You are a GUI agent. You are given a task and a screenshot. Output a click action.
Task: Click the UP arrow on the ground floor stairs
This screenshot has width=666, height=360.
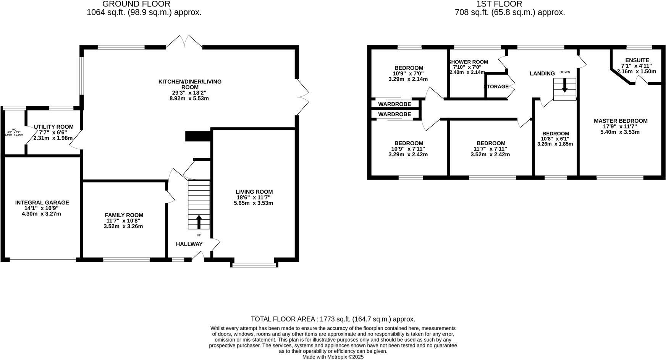pos(199,222)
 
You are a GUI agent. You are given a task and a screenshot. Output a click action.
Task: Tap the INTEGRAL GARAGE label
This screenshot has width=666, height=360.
pos(42,203)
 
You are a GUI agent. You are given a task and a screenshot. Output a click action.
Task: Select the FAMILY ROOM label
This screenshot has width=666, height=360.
pos(124,215)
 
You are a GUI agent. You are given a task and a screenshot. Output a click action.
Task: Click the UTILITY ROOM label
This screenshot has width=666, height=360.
pos(53,127)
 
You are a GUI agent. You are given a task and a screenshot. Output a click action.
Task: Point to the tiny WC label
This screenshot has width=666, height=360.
pos(14,130)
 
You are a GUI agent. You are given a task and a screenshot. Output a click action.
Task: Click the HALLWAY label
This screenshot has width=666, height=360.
pos(189,244)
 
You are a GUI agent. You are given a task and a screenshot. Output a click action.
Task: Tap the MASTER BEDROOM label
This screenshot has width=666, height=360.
pos(621,121)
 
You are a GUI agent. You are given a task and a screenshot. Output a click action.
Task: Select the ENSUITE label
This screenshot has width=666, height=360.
pos(637,60)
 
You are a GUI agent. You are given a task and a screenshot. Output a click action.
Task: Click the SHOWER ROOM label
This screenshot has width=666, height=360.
pos(468,62)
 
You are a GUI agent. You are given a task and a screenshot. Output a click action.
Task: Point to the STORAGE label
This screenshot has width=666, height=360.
pos(496,87)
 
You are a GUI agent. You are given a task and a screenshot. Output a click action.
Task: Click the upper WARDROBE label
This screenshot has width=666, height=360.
pos(394,104)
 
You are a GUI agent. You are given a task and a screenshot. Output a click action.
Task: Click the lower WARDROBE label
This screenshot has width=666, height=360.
pos(394,114)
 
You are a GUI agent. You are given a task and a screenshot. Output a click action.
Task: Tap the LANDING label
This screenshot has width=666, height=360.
pos(542,73)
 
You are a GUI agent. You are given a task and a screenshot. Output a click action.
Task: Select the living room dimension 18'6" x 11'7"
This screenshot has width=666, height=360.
pos(254,198)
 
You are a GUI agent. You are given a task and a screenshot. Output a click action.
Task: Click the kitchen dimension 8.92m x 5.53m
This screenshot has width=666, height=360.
pos(190,99)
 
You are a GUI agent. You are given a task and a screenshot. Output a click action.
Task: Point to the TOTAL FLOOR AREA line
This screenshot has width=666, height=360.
pos(333,319)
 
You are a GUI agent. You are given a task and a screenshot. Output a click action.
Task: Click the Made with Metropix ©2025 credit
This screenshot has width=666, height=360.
pos(333,357)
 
